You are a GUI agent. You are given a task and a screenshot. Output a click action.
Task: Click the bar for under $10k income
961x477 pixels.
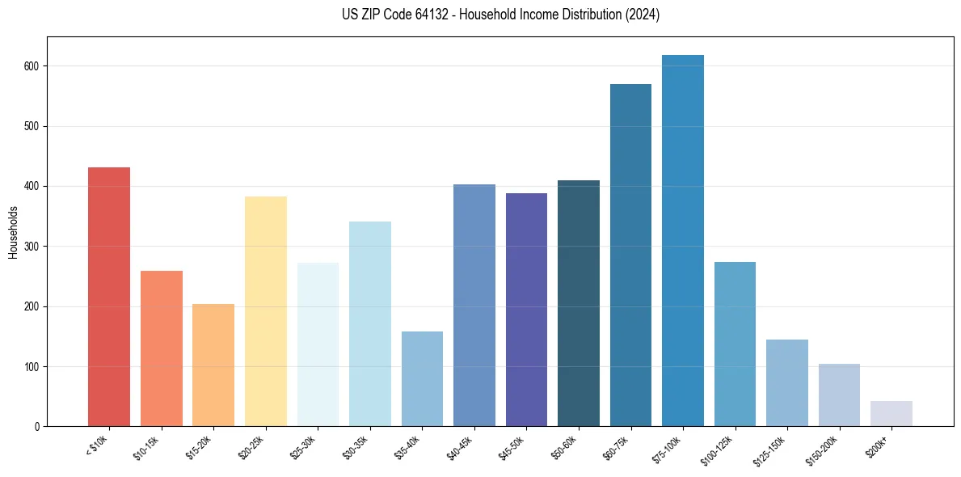coord(109,297)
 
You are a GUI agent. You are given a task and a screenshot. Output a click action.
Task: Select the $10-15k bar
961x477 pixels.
coord(161,348)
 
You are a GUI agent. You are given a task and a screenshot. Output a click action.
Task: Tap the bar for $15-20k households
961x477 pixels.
coord(213,365)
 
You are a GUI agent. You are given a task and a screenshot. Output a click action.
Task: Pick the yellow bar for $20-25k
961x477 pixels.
coord(265,311)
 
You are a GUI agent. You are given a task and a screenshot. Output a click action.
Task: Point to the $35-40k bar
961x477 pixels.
coord(422,379)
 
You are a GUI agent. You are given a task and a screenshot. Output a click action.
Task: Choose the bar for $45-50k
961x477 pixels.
coord(526,310)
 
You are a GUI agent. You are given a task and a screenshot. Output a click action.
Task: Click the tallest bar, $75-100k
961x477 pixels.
coord(683,241)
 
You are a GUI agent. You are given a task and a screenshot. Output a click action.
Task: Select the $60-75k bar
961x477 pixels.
coord(630,255)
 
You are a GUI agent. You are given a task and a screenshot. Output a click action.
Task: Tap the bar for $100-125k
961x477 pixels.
coord(735,344)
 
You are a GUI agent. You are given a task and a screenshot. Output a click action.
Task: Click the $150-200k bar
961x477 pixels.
coord(839,395)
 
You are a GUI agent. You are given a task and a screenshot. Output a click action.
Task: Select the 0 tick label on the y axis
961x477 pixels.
coord(38,427)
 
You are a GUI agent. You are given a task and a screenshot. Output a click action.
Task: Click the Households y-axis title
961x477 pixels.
coord(13,232)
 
